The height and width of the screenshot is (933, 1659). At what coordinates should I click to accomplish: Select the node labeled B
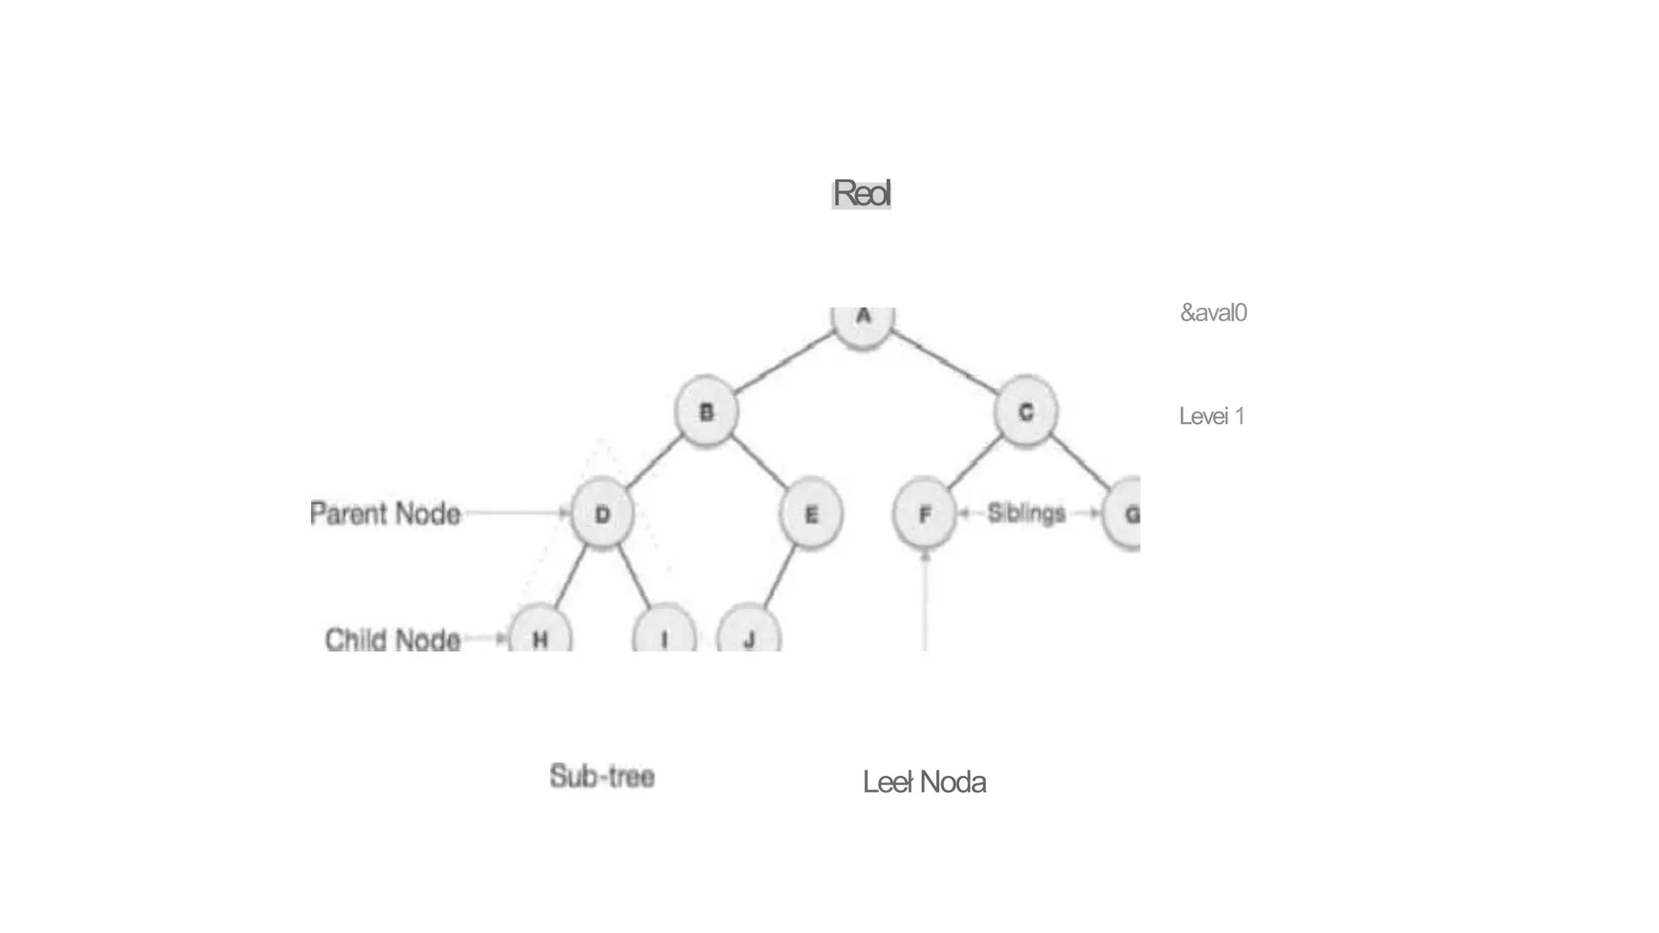pos(706,412)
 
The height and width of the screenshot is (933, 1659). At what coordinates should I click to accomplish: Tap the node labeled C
pos(1026,412)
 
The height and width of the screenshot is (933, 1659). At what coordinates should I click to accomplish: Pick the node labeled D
pos(602,515)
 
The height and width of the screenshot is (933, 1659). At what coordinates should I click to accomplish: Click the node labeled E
pos(811,515)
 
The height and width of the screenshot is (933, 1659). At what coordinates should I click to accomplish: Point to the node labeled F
pos(924,515)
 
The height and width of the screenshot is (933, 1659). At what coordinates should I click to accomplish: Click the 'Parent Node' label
pos(386,513)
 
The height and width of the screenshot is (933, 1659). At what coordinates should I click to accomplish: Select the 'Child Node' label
pos(393,640)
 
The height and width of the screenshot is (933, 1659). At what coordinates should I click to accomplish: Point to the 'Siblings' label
pos(1026,513)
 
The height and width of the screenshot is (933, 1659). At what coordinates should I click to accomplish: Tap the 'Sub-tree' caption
pos(602,776)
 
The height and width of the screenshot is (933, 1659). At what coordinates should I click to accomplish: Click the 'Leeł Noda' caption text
pos(924,782)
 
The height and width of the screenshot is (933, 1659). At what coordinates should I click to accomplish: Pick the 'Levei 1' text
pos(1212,416)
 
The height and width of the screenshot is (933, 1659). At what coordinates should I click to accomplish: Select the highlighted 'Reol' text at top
pos(862,194)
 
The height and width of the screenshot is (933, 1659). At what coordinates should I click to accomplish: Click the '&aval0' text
pos(1213,313)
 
